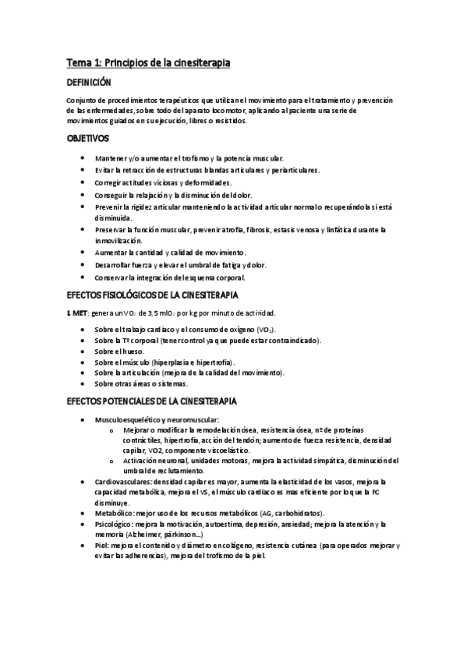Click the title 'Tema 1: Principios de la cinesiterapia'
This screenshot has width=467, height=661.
pos(147,62)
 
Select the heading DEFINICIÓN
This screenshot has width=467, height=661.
pos(88,82)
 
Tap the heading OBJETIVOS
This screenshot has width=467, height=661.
pos(87,139)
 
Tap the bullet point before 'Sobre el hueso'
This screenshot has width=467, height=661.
pos(84,352)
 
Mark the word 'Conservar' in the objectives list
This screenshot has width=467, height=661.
pos(111,277)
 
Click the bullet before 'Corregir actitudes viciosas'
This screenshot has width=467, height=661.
pos(84,182)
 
